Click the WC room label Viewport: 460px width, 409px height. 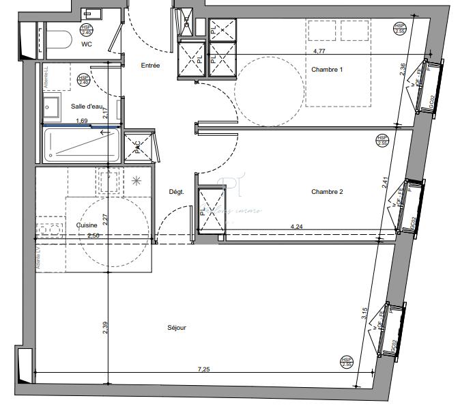[x=87, y=44]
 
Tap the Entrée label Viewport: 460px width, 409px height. [x=150, y=66]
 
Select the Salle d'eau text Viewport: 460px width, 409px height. [x=86, y=106]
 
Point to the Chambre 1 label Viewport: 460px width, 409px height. [x=327, y=70]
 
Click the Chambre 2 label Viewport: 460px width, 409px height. [x=327, y=192]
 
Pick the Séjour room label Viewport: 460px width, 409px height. [x=177, y=328]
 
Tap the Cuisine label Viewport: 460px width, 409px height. [x=87, y=224]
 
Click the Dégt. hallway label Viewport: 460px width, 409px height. [x=177, y=192]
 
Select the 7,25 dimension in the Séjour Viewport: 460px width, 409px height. [x=203, y=369]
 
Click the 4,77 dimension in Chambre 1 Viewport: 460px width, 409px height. [x=319, y=51]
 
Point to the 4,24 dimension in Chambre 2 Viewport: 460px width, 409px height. [x=298, y=226]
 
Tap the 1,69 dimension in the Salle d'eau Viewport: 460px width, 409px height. [x=81, y=122]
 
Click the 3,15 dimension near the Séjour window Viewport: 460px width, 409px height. [x=366, y=313]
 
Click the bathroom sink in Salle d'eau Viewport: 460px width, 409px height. [x=51, y=107]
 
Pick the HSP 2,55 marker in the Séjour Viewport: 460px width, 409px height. [x=347, y=361]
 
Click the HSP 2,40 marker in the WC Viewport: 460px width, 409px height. [x=87, y=29]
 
